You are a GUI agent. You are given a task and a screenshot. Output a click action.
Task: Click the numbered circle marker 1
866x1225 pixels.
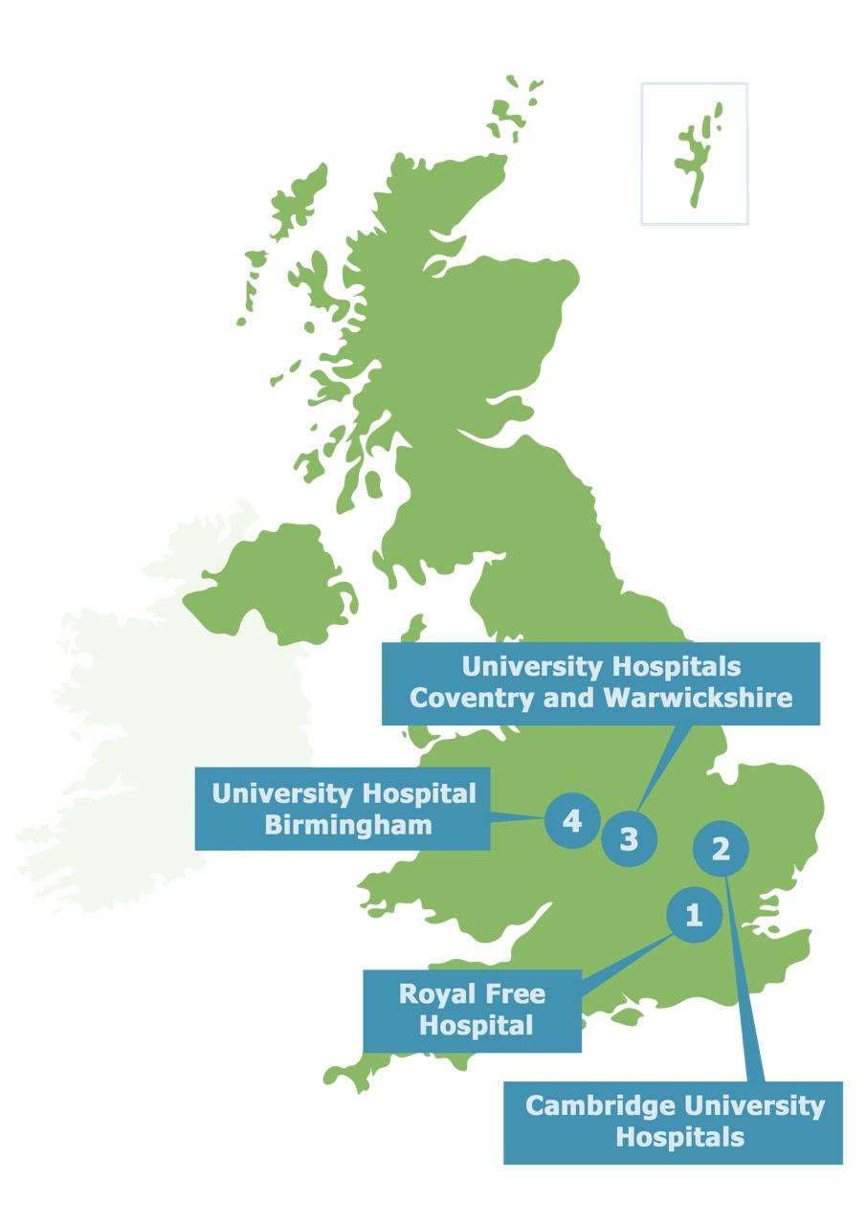694,916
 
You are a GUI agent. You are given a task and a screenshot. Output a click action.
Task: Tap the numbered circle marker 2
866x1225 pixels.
722,849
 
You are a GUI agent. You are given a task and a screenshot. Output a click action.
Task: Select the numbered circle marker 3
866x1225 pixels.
629,840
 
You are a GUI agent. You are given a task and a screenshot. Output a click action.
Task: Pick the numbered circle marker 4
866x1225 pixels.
572,821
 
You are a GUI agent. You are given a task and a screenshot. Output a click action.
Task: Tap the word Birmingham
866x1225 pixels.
348,824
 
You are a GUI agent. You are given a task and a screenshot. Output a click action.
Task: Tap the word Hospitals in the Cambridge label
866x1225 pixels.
679,1138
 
